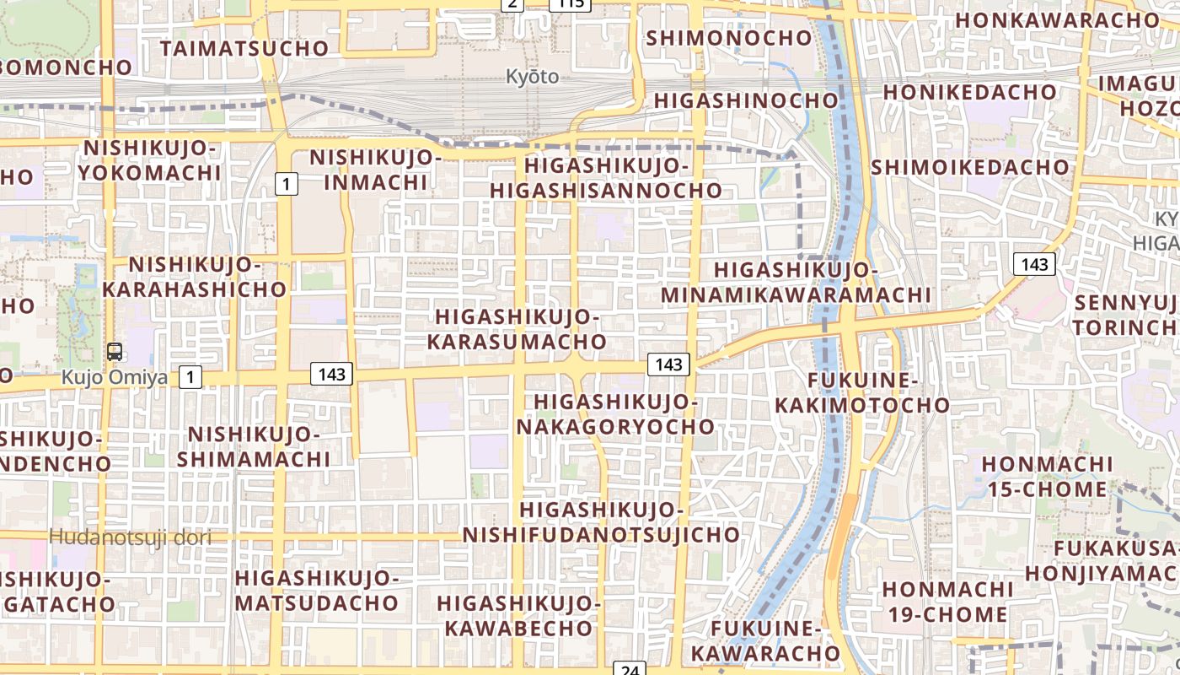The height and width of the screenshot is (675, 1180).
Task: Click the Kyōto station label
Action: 532,77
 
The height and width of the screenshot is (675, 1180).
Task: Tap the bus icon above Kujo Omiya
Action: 114,353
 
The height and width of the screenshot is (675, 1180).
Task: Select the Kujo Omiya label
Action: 114,377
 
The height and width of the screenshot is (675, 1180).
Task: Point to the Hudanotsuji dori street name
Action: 130,537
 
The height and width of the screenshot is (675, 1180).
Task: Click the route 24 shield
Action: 629,668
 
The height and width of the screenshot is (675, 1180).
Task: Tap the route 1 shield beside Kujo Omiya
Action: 190,377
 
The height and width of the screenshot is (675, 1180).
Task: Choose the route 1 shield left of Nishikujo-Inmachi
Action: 287,183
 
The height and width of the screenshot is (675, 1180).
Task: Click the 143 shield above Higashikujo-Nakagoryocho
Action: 668,364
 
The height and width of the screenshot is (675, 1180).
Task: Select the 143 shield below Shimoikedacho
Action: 1034,264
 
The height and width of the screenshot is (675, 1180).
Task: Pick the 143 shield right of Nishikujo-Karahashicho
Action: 331,374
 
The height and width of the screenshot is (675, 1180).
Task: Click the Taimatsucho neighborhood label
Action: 244,48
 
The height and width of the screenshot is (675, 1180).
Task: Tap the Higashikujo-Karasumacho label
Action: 517,329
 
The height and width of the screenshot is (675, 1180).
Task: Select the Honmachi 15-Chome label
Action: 1047,477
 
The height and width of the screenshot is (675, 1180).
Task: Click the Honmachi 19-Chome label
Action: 947,601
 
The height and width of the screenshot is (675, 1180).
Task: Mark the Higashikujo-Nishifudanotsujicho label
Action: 601,522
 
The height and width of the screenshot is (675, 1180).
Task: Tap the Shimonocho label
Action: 729,38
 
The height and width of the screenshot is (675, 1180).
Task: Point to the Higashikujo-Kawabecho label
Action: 519,615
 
